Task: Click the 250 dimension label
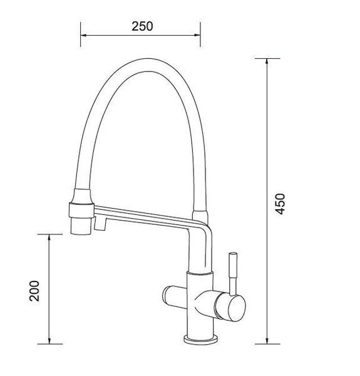tap(142, 26)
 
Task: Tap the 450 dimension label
tap(280, 204)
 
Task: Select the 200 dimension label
tap(34, 291)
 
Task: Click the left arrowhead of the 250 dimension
tap(83, 36)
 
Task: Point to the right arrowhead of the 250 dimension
tap(197, 36)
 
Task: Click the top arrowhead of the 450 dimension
tap(267, 61)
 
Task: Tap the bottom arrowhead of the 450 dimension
tap(267, 341)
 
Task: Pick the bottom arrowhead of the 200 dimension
tap(49, 341)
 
